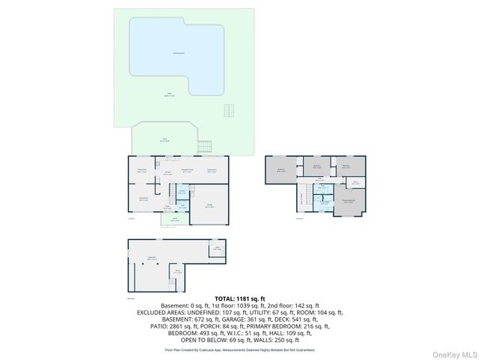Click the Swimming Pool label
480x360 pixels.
click(x=178, y=54)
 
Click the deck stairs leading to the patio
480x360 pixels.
click(x=208, y=146)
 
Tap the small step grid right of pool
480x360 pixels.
click(x=229, y=111)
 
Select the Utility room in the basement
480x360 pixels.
click(x=216, y=250)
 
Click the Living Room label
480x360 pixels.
click(x=142, y=199)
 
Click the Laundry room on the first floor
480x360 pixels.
click(x=181, y=192)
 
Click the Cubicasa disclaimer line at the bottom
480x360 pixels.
click(x=239, y=349)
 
